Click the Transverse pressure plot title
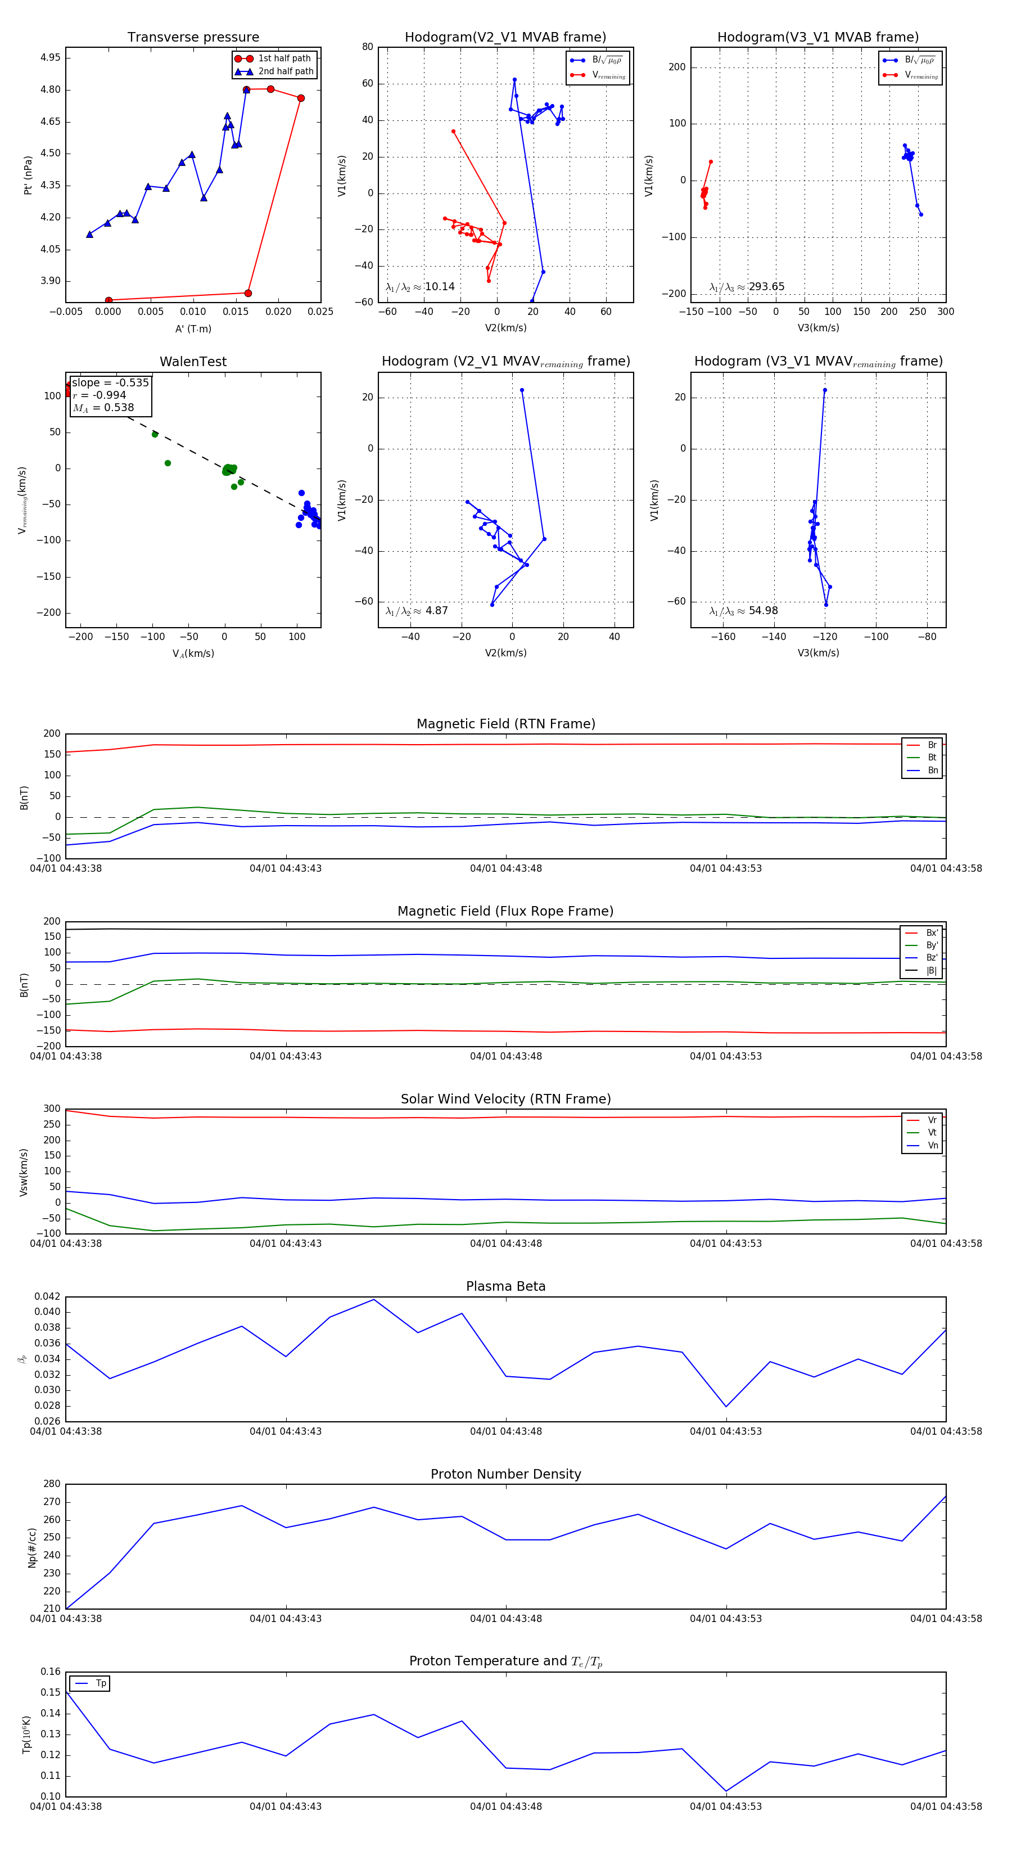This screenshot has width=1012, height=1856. pyautogui.click(x=193, y=38)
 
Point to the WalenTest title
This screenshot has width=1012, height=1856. pyautogui.click(x=193, y=362)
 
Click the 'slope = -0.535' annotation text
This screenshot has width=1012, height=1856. pyautogui.click(x=110, y=382)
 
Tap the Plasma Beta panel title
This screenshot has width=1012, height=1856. pyautogui.click(x=505, y=1286)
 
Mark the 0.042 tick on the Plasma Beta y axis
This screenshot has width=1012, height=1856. pyautogui.click(x=48, y=1296)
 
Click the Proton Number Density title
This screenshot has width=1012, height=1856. pyautogui.click(x=505, y=1474)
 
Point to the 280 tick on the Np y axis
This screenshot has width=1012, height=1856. pyautogui.click(x=52, y=1484)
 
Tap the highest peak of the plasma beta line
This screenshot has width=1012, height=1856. pyautogui.click(x=373, y=1299)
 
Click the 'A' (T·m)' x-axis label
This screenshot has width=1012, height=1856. pyautogui.click(x=193, y=328)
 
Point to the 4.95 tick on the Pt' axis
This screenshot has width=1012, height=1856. pyautogui.click(x=51, y=57)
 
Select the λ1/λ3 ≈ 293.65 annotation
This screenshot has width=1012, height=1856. pyautogui.click(x=747, y=287)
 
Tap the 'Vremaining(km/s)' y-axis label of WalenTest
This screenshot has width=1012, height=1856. pyautogui.click(x=22, y=500)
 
